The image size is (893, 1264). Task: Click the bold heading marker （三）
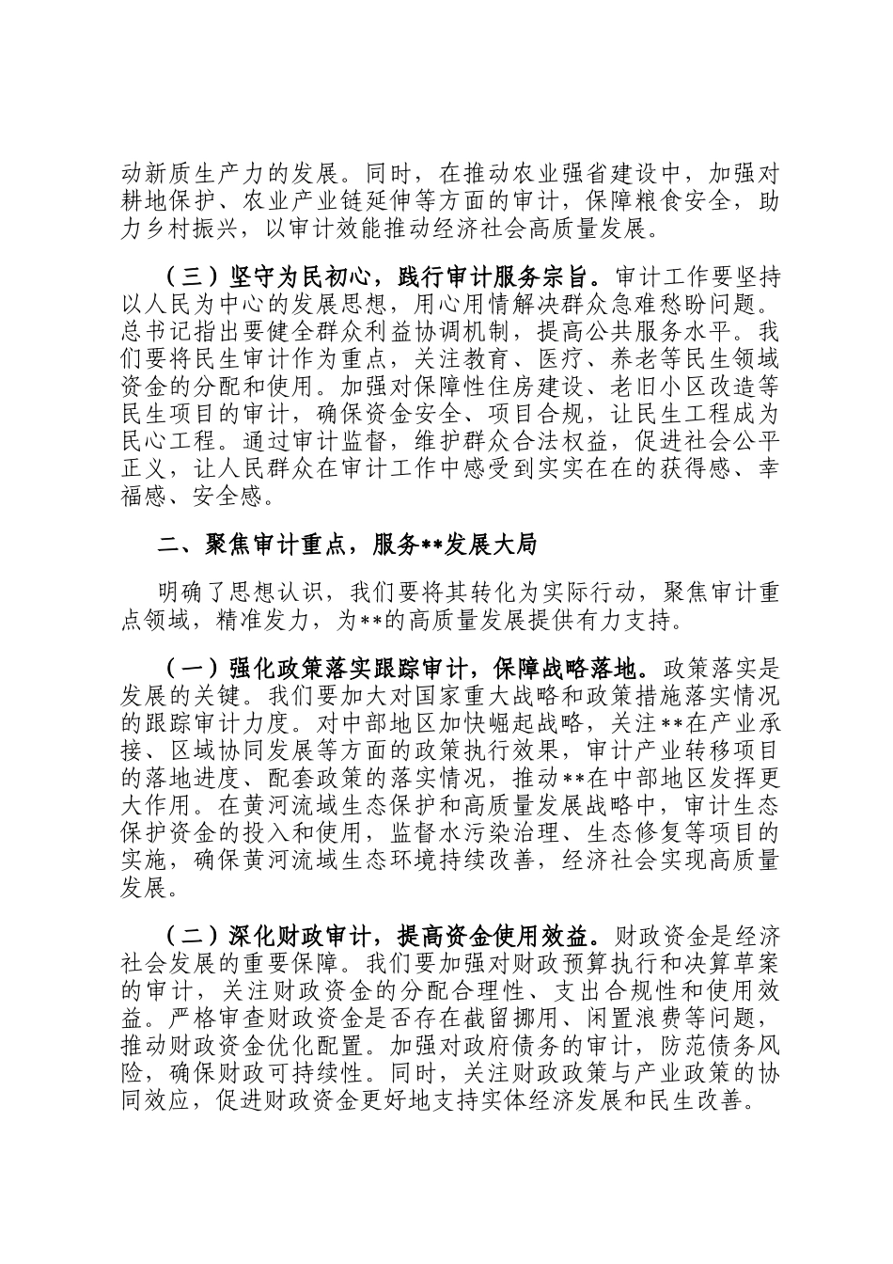192,279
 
